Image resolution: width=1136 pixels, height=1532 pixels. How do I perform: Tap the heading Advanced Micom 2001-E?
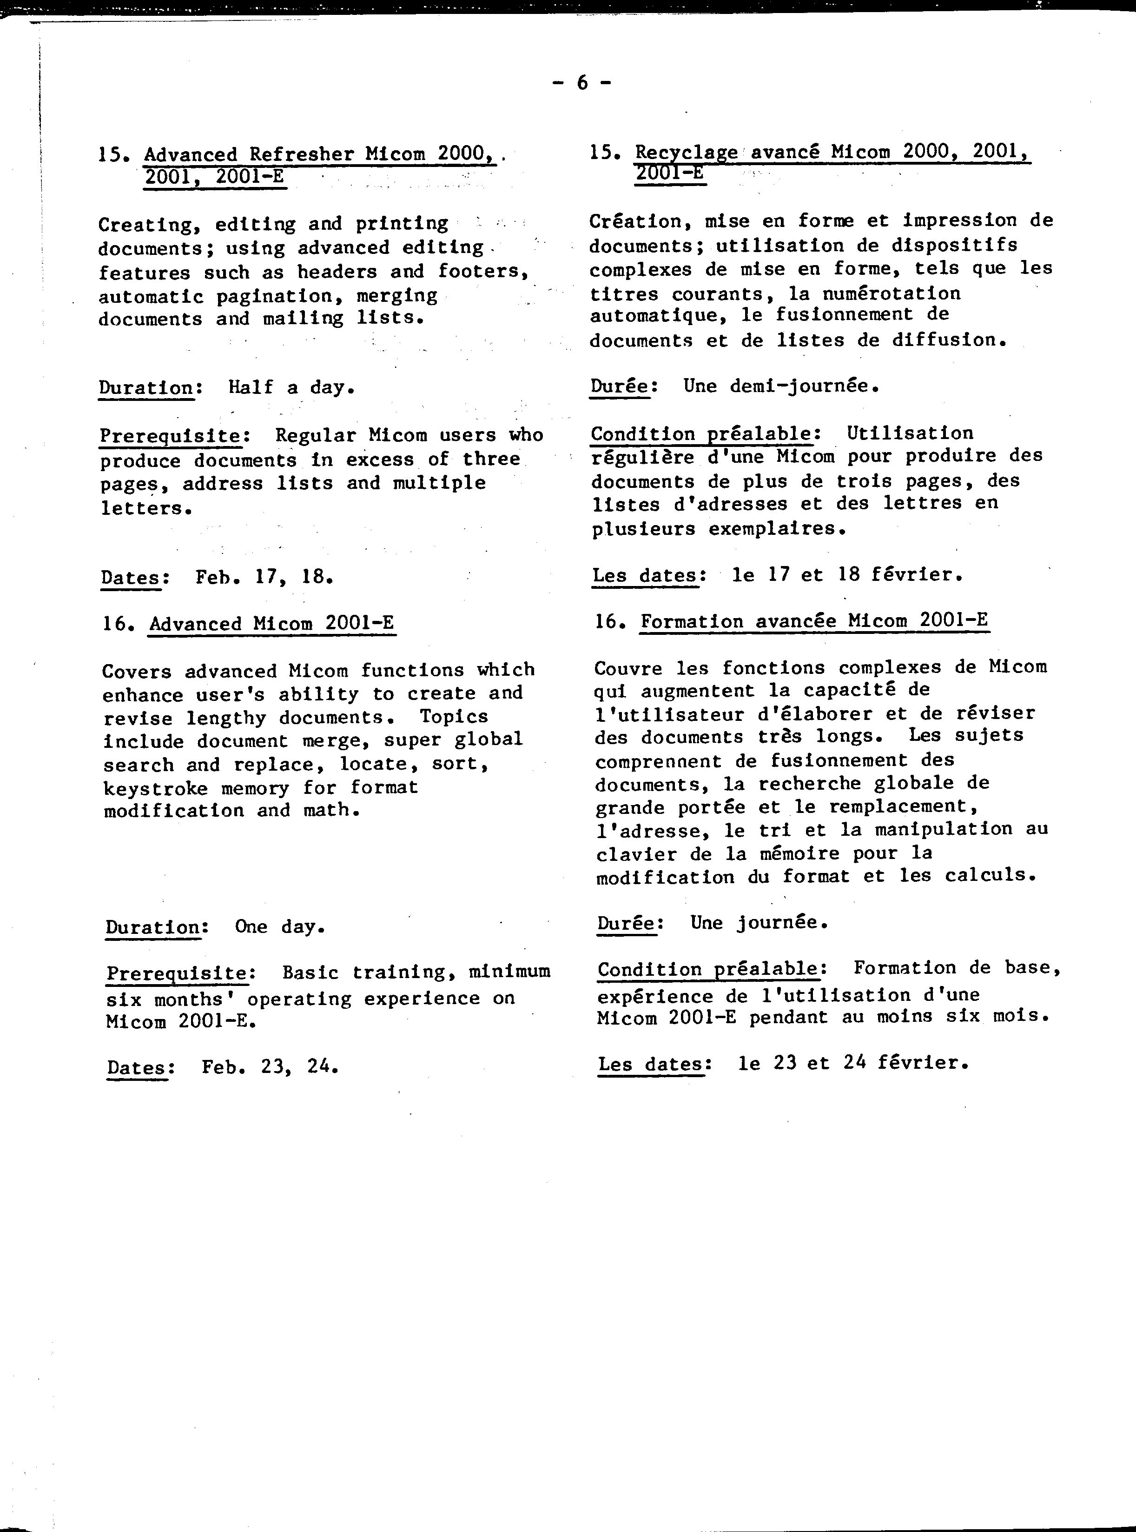coord(271,623)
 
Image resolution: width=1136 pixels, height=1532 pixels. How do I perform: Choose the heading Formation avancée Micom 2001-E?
coord(814,620)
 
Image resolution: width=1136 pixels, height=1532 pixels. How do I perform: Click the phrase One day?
coord(279,926)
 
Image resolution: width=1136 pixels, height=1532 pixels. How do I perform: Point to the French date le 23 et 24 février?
coord(852,1064)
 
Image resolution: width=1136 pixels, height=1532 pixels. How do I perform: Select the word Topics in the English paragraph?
coord(454,717)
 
